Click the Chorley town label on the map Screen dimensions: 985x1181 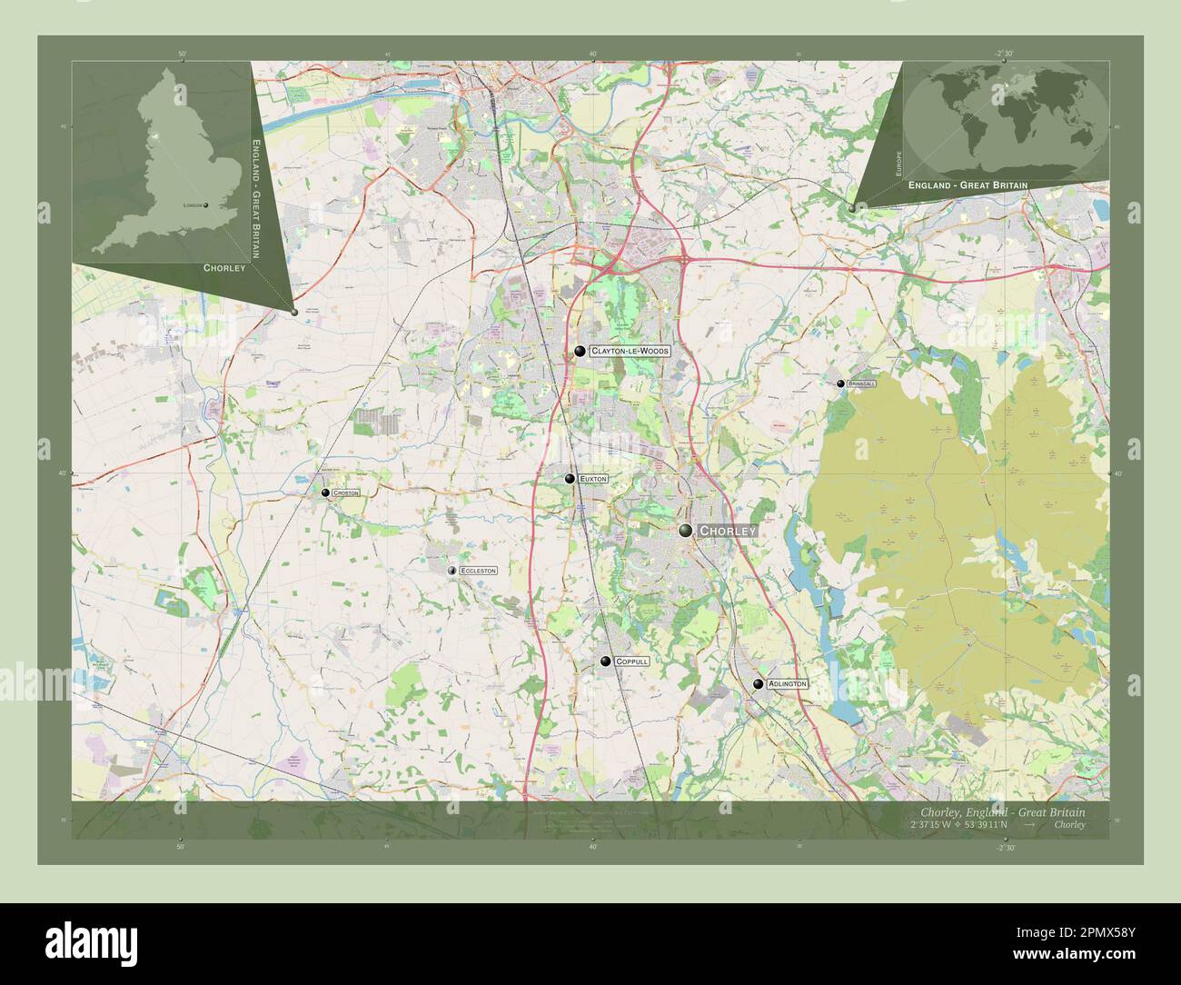(x=727, y=531)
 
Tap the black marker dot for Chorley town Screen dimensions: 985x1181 (x=686, y=531)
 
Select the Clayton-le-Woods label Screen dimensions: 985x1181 (x=629, y=351)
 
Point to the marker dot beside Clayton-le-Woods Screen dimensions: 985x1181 (x=580, y=351)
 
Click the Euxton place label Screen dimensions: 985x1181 (x=593, y=478)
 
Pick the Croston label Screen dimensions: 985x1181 (x=345, y=492)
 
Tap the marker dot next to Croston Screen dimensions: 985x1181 (x=325, y=492)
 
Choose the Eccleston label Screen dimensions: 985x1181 (x=478, y=571)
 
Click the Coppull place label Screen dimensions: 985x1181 (x=631, y=662)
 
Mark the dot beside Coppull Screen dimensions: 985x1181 (x=605, y=662)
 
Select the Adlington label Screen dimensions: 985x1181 (x=786, y=683)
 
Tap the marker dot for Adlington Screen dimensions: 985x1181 (x=758, y=683)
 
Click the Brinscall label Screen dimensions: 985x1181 (x=861, y=384)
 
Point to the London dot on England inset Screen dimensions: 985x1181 (x=206, y=205)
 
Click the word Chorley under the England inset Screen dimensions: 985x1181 (x=224, y=268)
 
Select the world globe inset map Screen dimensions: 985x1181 (x=1007, y=114)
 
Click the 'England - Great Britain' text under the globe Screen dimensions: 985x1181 (x=968, y=185)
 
